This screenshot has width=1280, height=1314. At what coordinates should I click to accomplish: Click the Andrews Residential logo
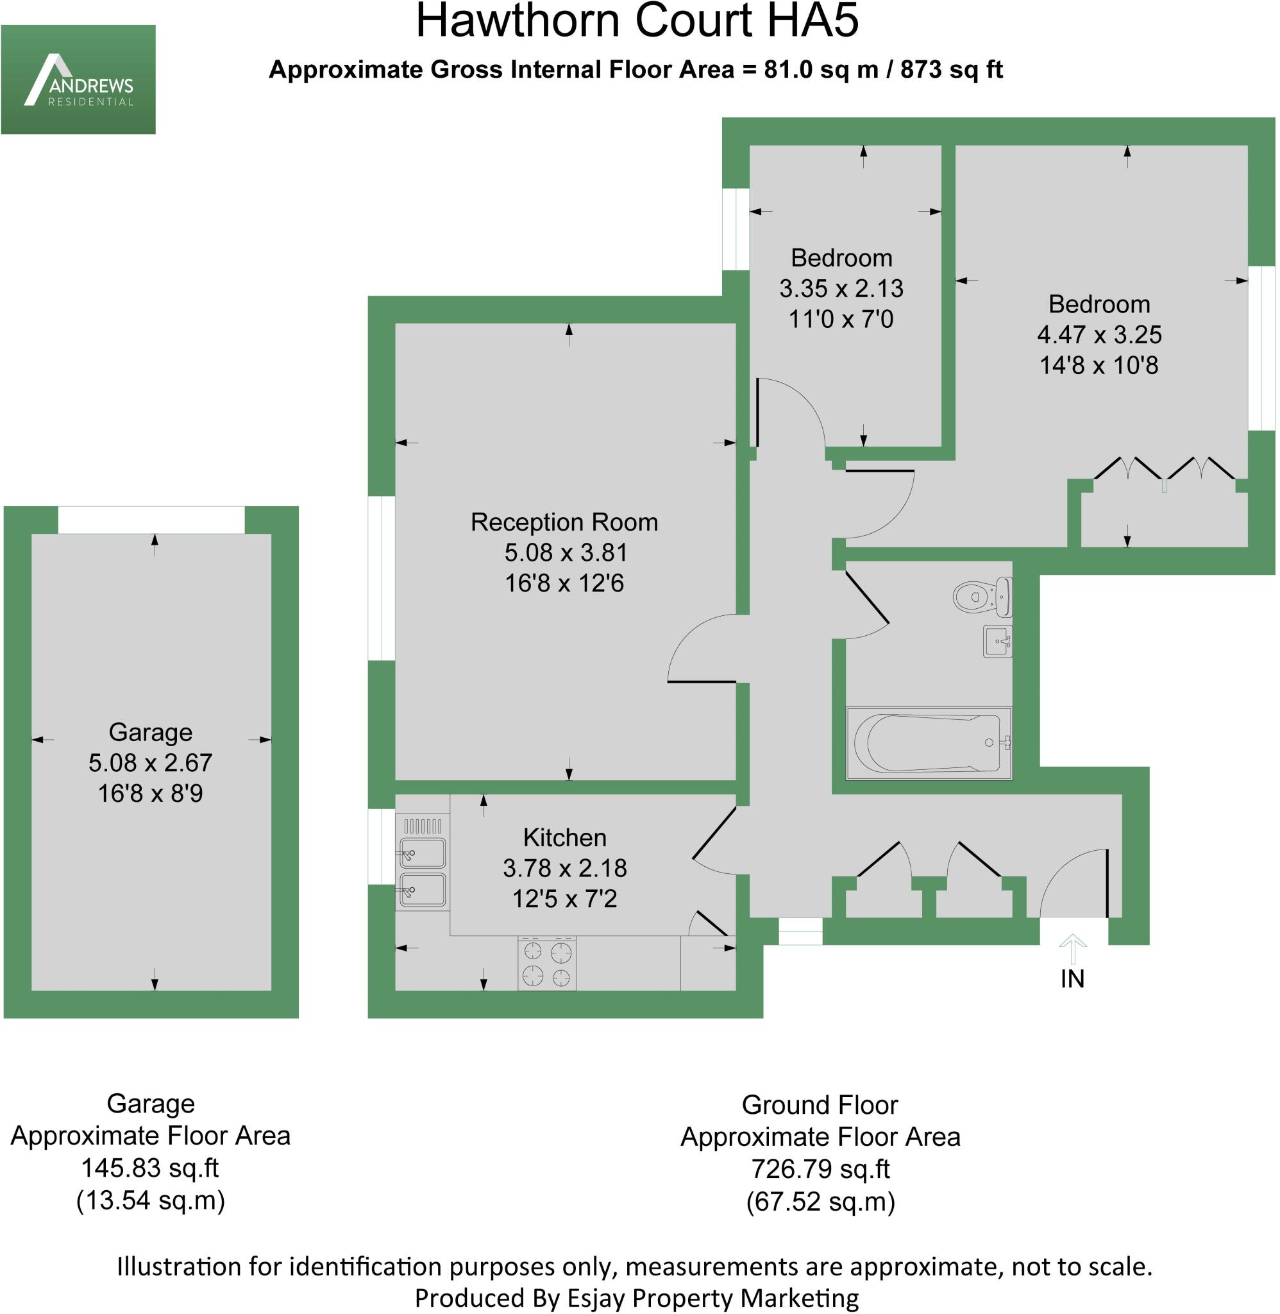(x=79, y=80)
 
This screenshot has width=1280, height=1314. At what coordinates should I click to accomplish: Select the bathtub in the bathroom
(x=929, y=743)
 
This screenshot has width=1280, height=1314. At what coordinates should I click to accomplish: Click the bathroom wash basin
(x=998, y=642)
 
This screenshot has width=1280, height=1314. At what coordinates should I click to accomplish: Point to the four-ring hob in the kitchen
(x=546, y=964)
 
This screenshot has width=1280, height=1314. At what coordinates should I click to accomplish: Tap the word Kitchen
(x=565, y=838)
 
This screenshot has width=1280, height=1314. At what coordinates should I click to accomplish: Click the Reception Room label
(x=564, y=522)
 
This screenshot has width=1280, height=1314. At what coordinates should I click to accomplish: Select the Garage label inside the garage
(x=151, y=732)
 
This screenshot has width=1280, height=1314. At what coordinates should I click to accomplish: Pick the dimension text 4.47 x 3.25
(x=1099, y=335)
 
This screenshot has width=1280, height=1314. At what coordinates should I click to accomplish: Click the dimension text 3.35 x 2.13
(x=841, y=289)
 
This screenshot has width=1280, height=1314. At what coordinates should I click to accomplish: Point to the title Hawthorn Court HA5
(x=637, y=22)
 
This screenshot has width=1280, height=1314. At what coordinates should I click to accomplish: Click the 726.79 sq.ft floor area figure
(x=820, y=1170)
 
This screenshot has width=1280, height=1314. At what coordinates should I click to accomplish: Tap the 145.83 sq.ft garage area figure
(x=150, y=1168)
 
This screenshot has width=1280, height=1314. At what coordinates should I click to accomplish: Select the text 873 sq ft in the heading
(x=951, y=70)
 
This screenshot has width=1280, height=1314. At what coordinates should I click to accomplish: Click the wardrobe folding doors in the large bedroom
(x=1165, y=470)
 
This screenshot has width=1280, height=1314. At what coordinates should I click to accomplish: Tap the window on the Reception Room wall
(x=382, y=578)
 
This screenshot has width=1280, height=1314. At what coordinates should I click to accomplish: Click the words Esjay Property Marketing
(x=712, y=1297)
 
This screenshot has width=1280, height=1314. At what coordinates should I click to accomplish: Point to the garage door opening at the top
(x=151, y=520)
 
